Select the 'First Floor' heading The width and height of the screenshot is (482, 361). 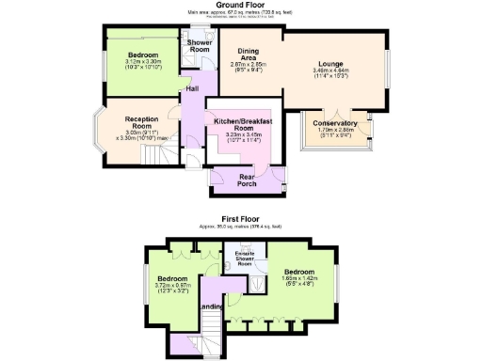coord(240,218)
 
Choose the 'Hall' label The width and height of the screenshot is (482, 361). coord(192,88)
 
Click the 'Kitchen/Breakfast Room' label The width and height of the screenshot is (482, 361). coord(243,126)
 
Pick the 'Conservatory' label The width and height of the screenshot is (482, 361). coord(335,123)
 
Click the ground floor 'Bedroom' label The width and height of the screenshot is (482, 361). coord(143,55)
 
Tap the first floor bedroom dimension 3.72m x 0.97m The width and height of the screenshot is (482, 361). coord(172,287)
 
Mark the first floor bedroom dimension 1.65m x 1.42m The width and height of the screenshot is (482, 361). coord(301,277)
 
